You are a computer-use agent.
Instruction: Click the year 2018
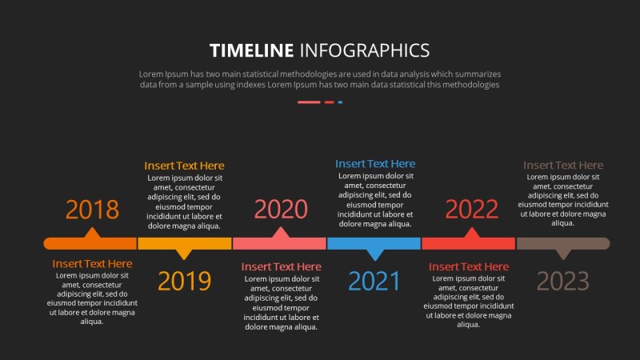(92, 210)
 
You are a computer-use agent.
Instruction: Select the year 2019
(185, 281)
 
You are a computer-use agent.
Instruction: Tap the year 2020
(281, 209)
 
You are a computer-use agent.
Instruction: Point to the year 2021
(374, 281)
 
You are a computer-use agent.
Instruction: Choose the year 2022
(472, 209)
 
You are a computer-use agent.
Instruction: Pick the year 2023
(563, 281)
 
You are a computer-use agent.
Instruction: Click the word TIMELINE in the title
(251, 50)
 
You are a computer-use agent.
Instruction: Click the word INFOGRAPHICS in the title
(365, 50)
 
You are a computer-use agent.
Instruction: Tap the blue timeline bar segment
(374, 243)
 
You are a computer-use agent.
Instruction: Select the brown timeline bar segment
(563, 243)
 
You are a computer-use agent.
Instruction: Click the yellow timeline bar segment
(185, 243)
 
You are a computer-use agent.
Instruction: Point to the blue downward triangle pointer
(375, 254)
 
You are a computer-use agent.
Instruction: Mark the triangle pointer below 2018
(92, 233)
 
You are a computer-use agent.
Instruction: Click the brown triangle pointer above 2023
(564, 254)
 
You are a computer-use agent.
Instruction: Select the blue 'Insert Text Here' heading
(375, 164)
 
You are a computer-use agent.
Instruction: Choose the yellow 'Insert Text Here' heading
(184, 166)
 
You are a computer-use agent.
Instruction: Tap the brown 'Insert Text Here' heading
(563, 166)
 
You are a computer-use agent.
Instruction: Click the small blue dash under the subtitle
(341, 102)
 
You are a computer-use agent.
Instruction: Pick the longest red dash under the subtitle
(309, 102)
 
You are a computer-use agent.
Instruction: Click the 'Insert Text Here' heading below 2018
(92, 264)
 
